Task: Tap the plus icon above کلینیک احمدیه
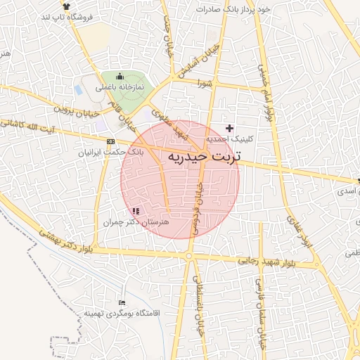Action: tap(229, 128)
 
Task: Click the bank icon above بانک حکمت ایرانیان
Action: tap(110, 141)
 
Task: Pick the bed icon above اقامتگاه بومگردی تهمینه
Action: tap(122, 302)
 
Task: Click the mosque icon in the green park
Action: tap(119, 76)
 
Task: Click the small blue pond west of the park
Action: tap(77, 90)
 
